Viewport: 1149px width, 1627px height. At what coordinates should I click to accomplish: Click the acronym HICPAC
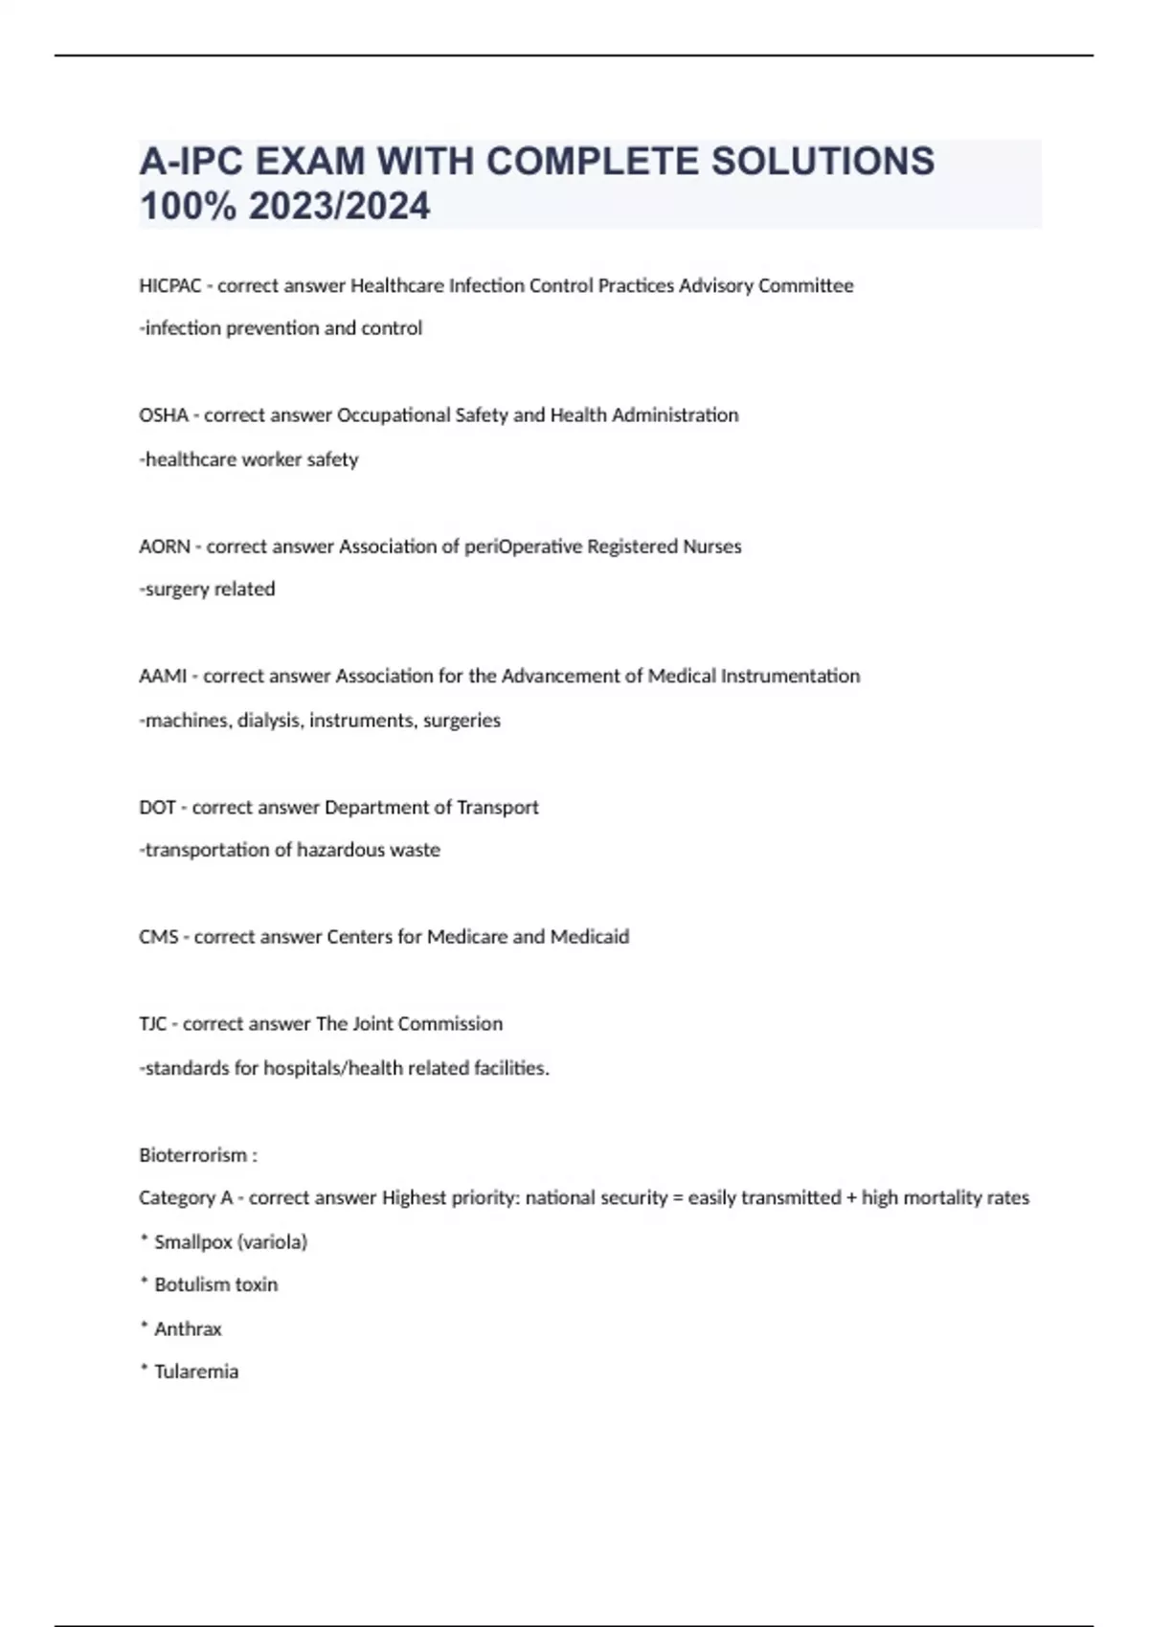(x=169, y=285)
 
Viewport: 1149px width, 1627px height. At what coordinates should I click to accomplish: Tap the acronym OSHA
(x=163, y=415)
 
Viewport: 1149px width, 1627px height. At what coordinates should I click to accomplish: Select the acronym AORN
(x=165, y=546)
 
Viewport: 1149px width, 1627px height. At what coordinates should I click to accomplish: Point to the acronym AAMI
(x=163, y=677)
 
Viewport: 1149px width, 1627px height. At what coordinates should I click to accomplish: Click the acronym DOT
(x=157, y=808)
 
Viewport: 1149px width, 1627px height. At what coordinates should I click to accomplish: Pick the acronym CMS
(x=158, y=937)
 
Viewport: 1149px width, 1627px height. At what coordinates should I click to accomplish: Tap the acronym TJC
(x=152, y=1024)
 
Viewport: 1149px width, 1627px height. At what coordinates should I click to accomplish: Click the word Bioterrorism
(x=192, y=1155)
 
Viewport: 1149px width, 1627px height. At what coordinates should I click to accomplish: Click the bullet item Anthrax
(x=188, y=1328)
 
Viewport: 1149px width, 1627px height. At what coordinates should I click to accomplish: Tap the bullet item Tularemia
(x=196, y=1371)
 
